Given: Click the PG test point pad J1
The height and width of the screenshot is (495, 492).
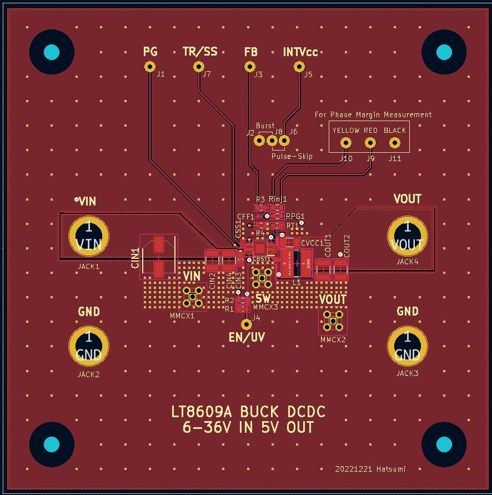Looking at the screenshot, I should (149, 67).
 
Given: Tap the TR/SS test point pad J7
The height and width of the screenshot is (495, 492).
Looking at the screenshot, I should (199, 67).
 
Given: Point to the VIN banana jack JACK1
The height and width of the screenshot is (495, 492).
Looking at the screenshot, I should (88, 236).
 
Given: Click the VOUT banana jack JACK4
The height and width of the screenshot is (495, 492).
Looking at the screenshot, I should (407, 236).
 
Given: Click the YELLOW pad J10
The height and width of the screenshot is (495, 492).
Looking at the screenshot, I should (346, 143).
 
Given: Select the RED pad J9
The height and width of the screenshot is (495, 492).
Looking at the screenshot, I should (370, 143).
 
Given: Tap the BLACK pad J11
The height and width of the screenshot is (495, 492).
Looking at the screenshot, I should (395, 143).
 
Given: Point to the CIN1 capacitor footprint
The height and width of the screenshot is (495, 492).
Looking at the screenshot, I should (159, 257).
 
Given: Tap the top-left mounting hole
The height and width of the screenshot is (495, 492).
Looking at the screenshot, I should (51, 52).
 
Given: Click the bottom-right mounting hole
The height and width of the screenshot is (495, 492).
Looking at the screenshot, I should (444, 444).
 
